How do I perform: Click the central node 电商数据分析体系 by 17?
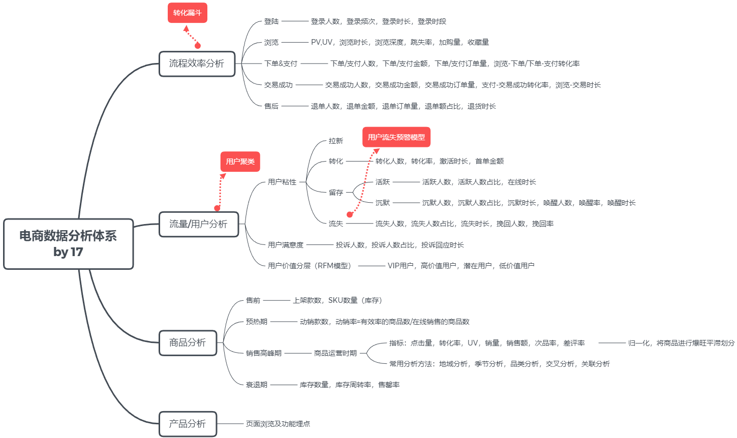(68, 244)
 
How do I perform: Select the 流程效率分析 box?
(197, 64)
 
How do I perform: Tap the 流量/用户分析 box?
(198, 224)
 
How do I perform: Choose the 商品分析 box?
(188, 342)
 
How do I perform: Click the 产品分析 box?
(188, 424)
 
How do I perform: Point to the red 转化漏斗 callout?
(188, 13)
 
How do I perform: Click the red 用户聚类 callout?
(240, 162)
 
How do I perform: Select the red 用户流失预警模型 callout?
(396, 137)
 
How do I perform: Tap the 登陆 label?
(271, 21)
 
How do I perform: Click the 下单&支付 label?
(281, 64)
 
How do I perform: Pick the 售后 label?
(271, 106)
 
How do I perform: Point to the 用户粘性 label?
(282, 182)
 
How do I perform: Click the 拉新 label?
(336, 141)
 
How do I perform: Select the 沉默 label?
(383, 203)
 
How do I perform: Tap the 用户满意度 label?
(286, 245)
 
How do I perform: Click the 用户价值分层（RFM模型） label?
(311, 266)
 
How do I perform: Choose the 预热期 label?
(257, 322)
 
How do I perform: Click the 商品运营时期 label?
(335, 353)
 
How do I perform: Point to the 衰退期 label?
(257, 385)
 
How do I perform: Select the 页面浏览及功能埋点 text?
(278, 424)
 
